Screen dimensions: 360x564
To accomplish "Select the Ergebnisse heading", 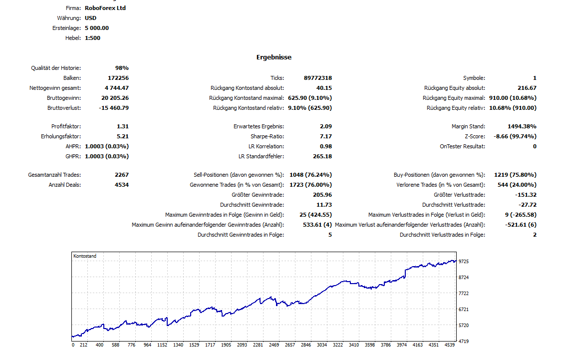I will pos(274,57).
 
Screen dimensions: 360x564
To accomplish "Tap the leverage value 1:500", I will pos(93,38).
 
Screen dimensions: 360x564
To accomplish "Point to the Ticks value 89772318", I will pos(317,78).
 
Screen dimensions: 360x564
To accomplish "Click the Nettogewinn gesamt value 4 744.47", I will pos(117,88).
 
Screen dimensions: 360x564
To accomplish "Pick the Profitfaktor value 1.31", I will pos(123,126).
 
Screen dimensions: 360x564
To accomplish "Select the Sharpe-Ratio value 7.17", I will pos(326,136).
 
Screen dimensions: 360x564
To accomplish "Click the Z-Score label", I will pos(475,136).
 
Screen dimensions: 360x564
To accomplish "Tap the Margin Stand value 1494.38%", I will pos(522,126).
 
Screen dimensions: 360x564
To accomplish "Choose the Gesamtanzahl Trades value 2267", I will pos(121,175).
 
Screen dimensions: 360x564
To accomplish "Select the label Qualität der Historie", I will pos(56,68).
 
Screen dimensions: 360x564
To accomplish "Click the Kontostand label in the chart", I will pos(85,256).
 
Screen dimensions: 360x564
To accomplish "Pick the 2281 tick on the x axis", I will pos(258,345).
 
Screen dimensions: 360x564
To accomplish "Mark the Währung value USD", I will pos(91,18).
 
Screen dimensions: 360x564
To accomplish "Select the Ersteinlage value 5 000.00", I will pos(97,28).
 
